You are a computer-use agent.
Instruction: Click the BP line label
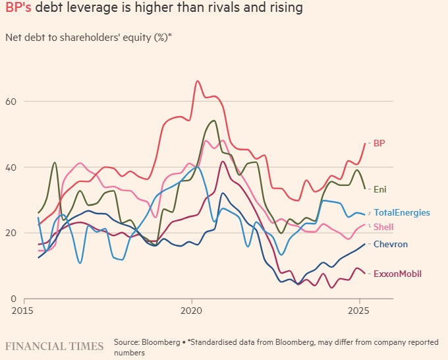pos(379,143)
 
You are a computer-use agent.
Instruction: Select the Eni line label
pos(380,189)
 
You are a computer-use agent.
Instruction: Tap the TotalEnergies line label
pos(402,213)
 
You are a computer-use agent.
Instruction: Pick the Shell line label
pos(383,227)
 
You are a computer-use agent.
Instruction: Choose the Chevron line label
pos(391,245)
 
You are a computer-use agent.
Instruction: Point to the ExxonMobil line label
pos(397,274)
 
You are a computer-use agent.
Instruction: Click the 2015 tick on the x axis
pos(23,310)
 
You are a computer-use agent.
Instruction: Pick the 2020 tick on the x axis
pos(191,310)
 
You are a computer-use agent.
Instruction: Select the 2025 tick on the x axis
pos(359,310)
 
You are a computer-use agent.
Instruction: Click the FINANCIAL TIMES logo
pos(54,346)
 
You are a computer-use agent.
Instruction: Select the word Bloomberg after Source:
pos(160,342)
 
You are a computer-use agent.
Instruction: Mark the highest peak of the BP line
pos(198,81)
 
